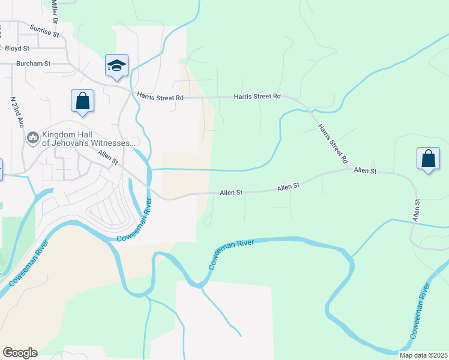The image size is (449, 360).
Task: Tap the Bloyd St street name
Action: point(16,48)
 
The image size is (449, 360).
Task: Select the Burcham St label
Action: point(33,62)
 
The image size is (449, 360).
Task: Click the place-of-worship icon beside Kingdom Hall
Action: point(32,139)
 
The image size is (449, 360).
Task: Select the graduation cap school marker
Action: point(116,66)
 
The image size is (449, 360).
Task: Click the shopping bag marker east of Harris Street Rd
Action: point(428,159)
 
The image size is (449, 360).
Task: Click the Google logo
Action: point(20,353)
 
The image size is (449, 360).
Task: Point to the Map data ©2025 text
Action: point(423,355)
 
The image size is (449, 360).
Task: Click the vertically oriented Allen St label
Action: point(415,209)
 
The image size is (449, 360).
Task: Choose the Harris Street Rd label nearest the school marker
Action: point(159,96)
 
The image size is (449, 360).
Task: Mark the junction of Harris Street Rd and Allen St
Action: point(350,170)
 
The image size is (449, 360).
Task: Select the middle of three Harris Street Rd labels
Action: point(257,96)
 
